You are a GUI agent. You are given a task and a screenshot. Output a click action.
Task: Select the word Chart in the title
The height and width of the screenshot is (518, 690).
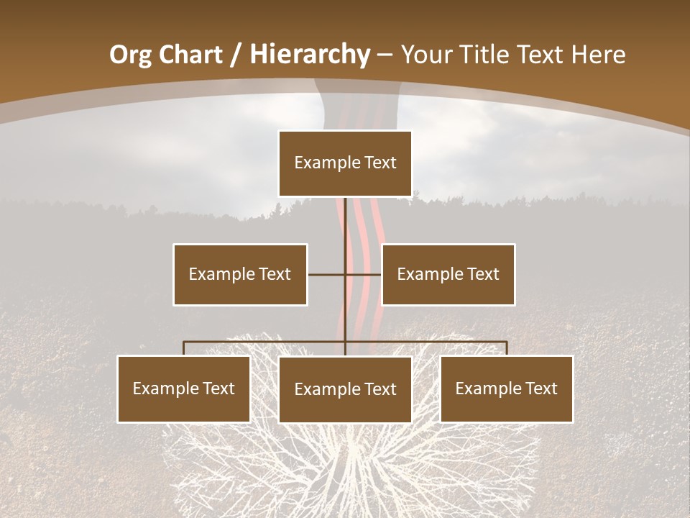192,55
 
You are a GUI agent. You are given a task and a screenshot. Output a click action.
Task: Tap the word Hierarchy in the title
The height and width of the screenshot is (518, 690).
310,55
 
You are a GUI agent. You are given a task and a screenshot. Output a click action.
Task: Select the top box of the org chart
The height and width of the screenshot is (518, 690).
345,163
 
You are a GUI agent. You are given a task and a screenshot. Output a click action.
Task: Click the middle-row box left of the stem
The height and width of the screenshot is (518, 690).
240,274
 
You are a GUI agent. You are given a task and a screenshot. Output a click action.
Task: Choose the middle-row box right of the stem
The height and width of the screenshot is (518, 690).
448,274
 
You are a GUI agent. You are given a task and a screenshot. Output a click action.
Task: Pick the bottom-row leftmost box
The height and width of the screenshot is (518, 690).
184,388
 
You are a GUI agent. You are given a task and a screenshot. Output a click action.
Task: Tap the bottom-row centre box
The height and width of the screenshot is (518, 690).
345,389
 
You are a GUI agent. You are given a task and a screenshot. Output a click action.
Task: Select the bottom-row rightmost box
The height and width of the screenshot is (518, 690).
507,388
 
